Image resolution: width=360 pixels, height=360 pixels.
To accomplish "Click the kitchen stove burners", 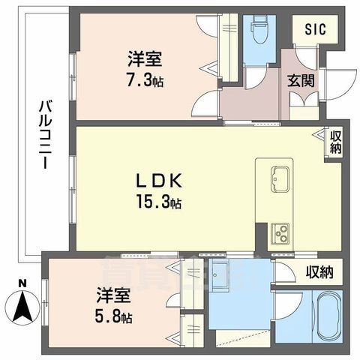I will tap(280, 232).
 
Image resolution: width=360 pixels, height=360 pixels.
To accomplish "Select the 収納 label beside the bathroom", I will tap(319, 271).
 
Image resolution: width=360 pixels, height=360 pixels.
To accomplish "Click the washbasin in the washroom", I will tap(222, 277).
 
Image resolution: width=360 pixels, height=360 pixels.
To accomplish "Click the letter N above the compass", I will tap(22, 283).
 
